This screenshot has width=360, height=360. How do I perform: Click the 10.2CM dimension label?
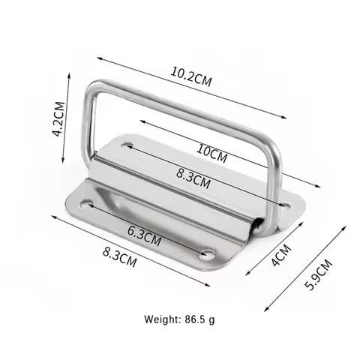pyautogui.click(x=191, y=77)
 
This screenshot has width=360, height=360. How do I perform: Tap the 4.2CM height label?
pyautogui.click(x=56, y=120)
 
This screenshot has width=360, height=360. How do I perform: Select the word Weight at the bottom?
pyautogui.click(x=160, y=319)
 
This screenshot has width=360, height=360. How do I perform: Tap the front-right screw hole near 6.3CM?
pyautogui.click(x=205, y=254)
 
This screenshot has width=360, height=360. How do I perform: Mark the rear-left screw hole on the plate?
pyautogui.click(x=127, y=142)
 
